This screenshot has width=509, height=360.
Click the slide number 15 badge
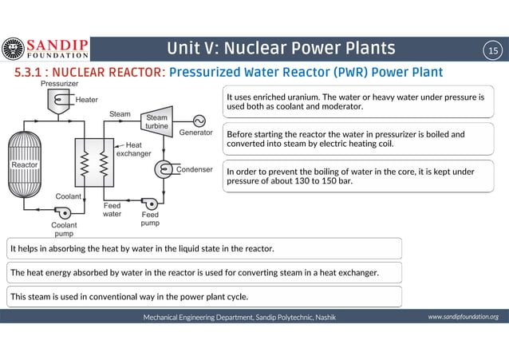(x=492, y=50)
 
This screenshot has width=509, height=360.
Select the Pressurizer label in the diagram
(x=59, y=83)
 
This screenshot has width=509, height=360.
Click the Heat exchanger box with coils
(x=93, y=164)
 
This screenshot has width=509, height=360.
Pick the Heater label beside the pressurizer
(x=87, y=100)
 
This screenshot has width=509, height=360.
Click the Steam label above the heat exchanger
(x=120, y=114)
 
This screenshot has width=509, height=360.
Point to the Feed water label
(x=112, y=210)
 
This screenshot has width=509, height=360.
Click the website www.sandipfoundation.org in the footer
(x=463, y=317)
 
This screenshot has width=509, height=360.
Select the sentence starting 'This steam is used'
(x=128, y=296)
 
